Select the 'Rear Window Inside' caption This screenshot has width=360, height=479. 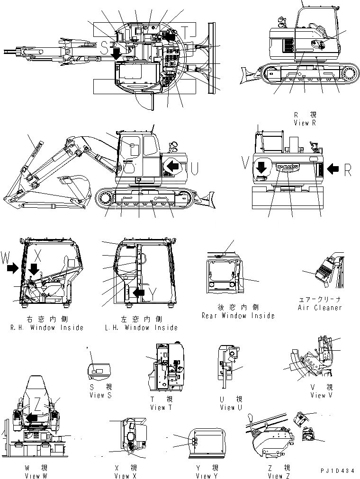coord(238,316)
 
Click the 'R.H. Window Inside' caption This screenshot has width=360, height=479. coord(46,328)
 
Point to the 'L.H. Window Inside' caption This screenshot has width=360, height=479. coord(140,328)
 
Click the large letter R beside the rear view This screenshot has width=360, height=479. coord(347,170)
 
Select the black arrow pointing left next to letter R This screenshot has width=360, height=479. coord(333,168)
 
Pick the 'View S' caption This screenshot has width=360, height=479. coord(100,395)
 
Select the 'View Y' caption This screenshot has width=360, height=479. coord(207,476)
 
